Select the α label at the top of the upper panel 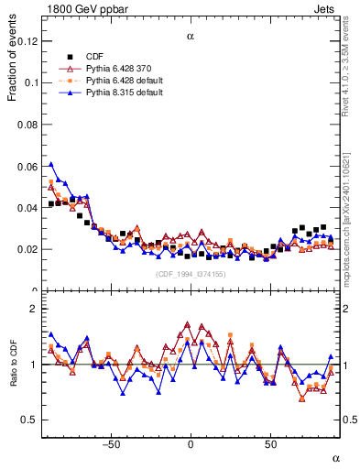(x=191, y=38)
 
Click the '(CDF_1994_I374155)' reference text (x=191, y=274)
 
